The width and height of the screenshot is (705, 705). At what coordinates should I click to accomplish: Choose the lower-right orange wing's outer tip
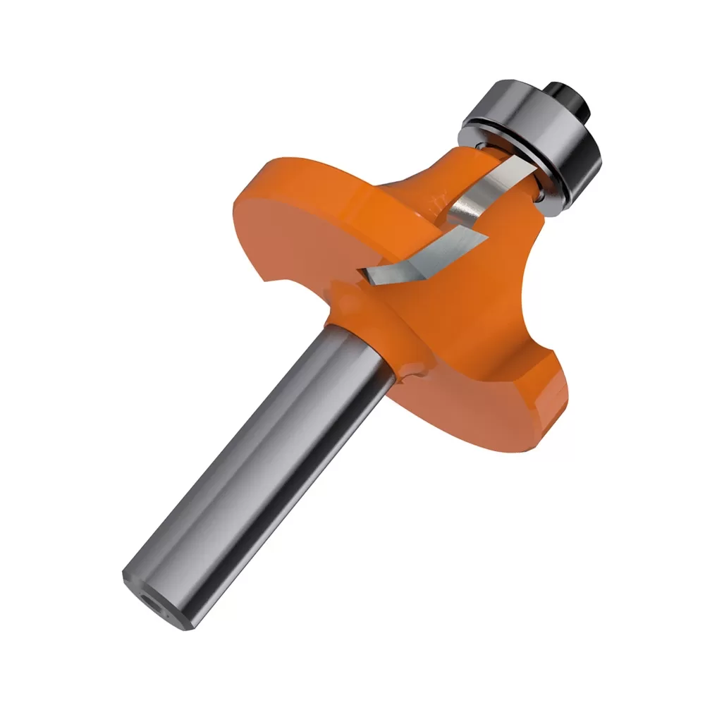[550, 402]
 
